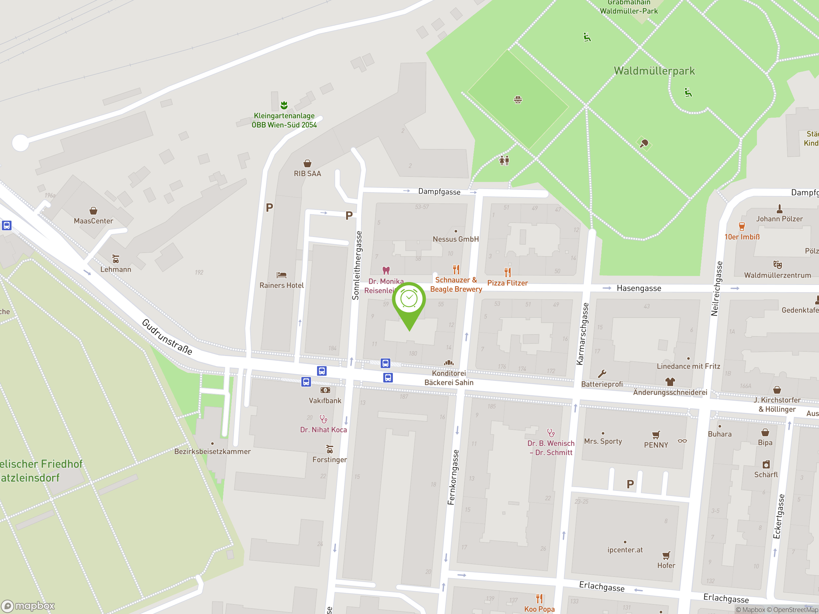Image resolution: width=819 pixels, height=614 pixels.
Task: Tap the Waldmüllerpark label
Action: coord(654,71)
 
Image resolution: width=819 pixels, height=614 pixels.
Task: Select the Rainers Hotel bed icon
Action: coord(282,275)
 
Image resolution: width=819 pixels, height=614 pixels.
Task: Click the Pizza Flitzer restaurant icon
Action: coord(508,272)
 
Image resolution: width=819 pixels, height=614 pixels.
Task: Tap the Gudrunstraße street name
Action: coord(167,337)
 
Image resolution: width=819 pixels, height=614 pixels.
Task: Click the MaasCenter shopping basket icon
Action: coord(93,211)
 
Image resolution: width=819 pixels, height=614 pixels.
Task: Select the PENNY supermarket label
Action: coord(656,445)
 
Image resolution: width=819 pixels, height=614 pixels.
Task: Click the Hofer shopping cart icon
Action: coord(666,555)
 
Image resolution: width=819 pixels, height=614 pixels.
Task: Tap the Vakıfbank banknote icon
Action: coord(325,390)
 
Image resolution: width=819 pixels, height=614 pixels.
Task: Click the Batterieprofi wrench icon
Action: coord(602,374)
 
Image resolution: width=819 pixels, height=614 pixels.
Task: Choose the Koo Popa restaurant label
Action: coord(539,609)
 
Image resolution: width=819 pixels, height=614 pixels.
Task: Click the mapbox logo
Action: coord(28,606)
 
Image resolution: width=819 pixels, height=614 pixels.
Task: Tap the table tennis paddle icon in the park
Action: coord(644,143)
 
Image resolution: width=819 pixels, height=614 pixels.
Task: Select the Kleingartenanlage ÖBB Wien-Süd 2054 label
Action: coord(284,120)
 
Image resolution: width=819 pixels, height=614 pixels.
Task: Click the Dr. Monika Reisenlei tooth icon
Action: coord(386,271)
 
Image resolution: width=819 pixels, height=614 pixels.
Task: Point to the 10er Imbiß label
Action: coord(742,237)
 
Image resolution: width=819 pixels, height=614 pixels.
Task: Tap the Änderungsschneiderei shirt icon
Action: coord(670,382)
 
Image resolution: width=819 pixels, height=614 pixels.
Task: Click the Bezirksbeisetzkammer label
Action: coord(212,452)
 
